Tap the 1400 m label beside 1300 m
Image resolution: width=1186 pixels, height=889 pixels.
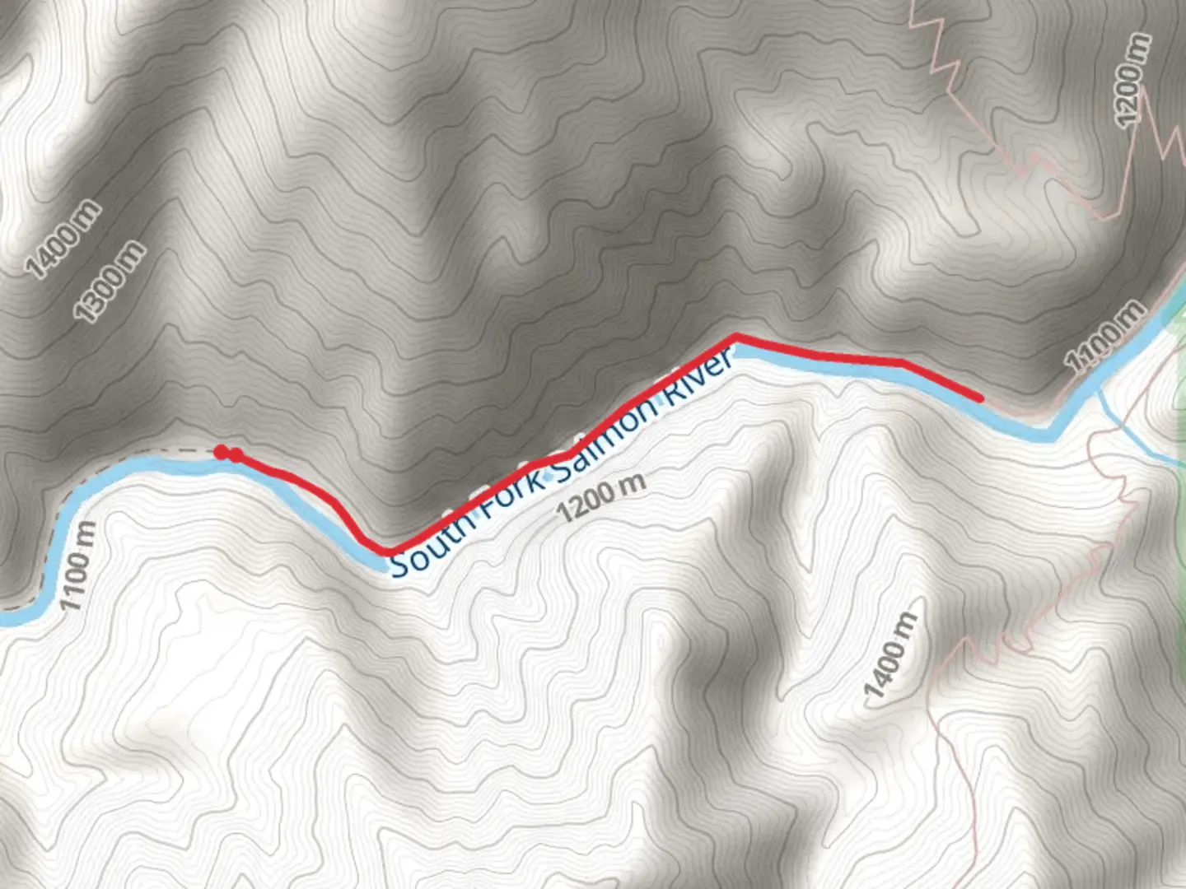click(63, 239)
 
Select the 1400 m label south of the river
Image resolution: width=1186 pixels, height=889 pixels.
click(889, 655)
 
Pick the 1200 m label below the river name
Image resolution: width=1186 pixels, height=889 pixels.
click(600, 497)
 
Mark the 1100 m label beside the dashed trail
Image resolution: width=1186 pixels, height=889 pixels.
click(79, 566)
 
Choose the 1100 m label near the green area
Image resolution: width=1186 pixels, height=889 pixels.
click(1104, 337)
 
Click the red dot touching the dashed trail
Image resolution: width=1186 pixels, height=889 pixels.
click(221, 451)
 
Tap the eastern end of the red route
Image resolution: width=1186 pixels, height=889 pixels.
click(980, 398)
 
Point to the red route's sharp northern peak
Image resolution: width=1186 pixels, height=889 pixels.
click(735, 337)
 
